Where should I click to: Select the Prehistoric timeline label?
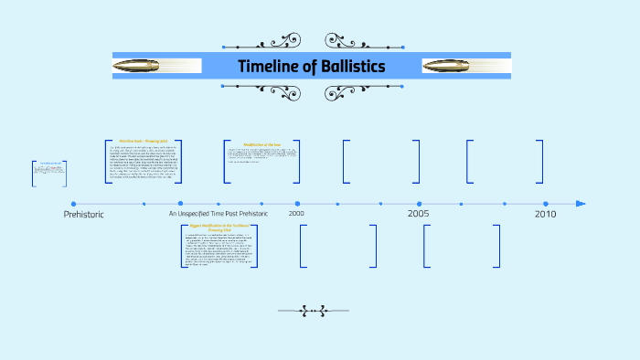[84, 214]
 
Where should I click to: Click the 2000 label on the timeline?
[296, 214]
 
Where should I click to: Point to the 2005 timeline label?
[419, 214]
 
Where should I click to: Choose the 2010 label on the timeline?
[545, 214]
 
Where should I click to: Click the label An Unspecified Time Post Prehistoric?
[219, 214]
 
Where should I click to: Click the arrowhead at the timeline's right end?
[581, 204]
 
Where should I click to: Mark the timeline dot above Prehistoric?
[73, 204]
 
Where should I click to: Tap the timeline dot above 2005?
[420, 204]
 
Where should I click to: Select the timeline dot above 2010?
[545, 204]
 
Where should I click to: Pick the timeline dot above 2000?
[296, 204]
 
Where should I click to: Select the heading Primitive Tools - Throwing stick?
[144, 141]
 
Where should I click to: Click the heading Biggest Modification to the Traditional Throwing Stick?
[219, 227]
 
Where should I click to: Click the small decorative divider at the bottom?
[315, 312]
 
